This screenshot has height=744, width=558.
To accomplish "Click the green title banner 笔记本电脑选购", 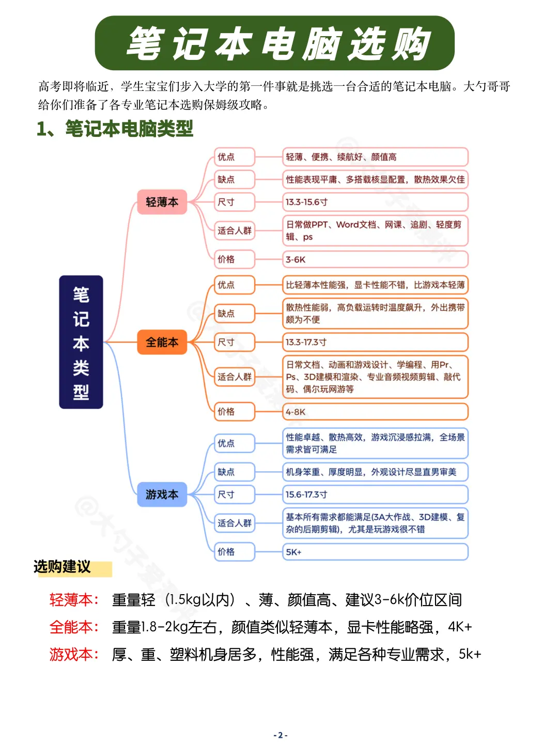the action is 274,43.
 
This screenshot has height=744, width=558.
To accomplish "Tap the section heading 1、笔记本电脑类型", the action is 115,129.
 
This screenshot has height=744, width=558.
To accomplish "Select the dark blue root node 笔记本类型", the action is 81,342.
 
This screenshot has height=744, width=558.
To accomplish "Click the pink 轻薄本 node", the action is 162,202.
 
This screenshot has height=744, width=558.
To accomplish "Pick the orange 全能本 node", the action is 162,342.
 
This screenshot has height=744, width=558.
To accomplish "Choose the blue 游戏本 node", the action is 162,494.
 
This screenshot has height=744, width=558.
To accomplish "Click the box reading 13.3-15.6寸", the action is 375,202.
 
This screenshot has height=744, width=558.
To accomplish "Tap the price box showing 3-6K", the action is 375,259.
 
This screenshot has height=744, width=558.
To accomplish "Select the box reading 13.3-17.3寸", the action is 375,342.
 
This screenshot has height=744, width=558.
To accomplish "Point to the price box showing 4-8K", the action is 375,412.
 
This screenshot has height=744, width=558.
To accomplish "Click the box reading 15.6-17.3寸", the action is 375,494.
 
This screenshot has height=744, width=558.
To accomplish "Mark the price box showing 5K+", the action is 375,552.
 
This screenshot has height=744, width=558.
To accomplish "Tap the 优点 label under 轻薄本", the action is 235,157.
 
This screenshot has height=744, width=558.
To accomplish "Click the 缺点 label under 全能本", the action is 235,314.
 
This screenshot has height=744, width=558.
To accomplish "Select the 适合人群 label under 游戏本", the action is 235,523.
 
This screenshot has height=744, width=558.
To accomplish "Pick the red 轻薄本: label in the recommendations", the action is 74,600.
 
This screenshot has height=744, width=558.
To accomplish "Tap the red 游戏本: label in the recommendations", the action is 74,655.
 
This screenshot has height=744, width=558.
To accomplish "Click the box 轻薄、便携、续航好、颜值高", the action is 375,157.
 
